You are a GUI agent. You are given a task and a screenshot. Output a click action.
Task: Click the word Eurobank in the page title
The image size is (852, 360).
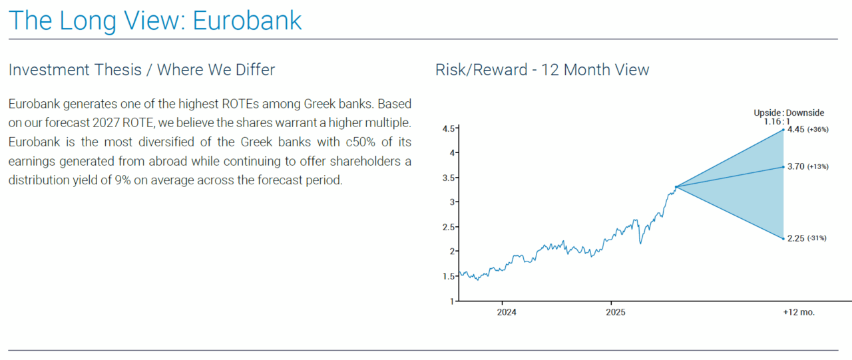pyautogui.click(x=247, y=21)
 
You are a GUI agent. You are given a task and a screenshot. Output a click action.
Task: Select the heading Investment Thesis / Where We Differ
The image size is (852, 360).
pyautogui.click(x=142, y=70)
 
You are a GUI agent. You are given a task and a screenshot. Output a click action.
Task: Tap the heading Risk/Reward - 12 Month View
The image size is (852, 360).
pyautogui.click(x=542, y=70)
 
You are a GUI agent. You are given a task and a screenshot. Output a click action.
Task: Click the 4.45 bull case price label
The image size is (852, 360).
pyautogui.click(x=795, y=129)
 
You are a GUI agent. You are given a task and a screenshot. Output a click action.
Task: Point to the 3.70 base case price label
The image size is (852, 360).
pyautogui.click(x=795, y=166)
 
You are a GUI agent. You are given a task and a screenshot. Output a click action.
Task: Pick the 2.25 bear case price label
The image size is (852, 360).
pyautogui.click(x=795, y=238)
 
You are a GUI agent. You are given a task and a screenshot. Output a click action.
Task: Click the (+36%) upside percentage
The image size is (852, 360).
pyautogui.click(x=818, y=130)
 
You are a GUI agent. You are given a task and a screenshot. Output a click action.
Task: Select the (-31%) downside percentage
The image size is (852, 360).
pyautogui.click(x=817, y=238)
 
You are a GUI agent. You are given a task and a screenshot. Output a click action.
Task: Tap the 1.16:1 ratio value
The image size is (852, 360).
pyautogui.click(x=777, y=122)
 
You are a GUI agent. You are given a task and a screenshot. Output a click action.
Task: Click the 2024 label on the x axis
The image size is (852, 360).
pyautogui.click(x=507, y=312)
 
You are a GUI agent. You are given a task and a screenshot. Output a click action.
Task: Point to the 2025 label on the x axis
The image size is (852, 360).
pyautogui.click(x=616, y=312)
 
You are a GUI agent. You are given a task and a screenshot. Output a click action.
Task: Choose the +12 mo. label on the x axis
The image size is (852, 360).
pyautogui.click(x=799, y=312)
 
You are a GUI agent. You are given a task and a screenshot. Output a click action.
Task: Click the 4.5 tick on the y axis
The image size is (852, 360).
pyautogui.click(x=449, y=129)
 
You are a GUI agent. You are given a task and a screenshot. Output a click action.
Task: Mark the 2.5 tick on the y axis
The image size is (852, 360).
pyautogui.click(x=449, y=228)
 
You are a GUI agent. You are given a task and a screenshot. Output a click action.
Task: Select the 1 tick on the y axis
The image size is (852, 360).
pyautogui.click(x=452, y=301)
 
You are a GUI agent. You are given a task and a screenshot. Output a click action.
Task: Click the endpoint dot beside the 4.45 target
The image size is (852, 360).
pyautogui.click(x=783, y=130)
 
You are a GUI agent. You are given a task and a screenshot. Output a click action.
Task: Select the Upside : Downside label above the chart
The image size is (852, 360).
pyautogui.click(x=789, y=113)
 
